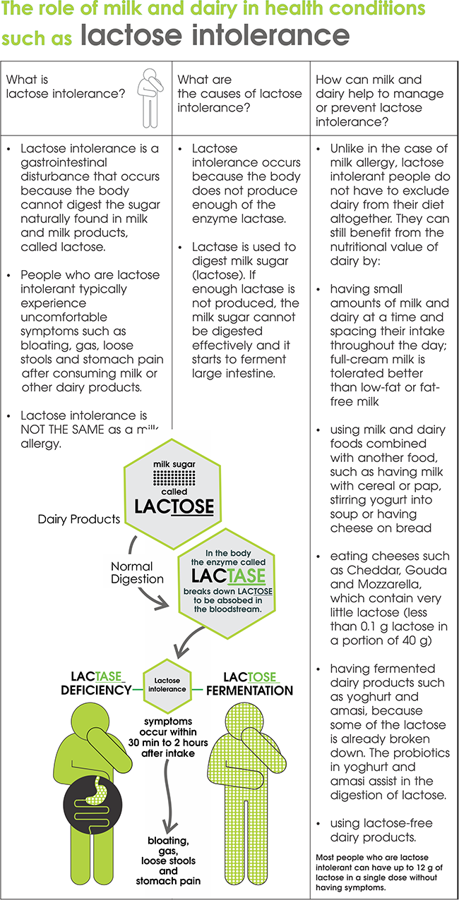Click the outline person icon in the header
150,98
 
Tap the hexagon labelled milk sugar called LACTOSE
172,494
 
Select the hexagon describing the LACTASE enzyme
227,583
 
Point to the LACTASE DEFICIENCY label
96,683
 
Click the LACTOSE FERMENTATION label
249,684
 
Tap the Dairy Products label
79,519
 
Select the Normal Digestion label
137,573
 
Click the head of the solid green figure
90,722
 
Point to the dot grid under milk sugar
174,478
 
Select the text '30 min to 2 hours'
168,743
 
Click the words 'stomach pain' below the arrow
168,881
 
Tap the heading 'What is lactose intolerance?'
66,86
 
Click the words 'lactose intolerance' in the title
215,35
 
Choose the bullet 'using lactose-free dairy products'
381,830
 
